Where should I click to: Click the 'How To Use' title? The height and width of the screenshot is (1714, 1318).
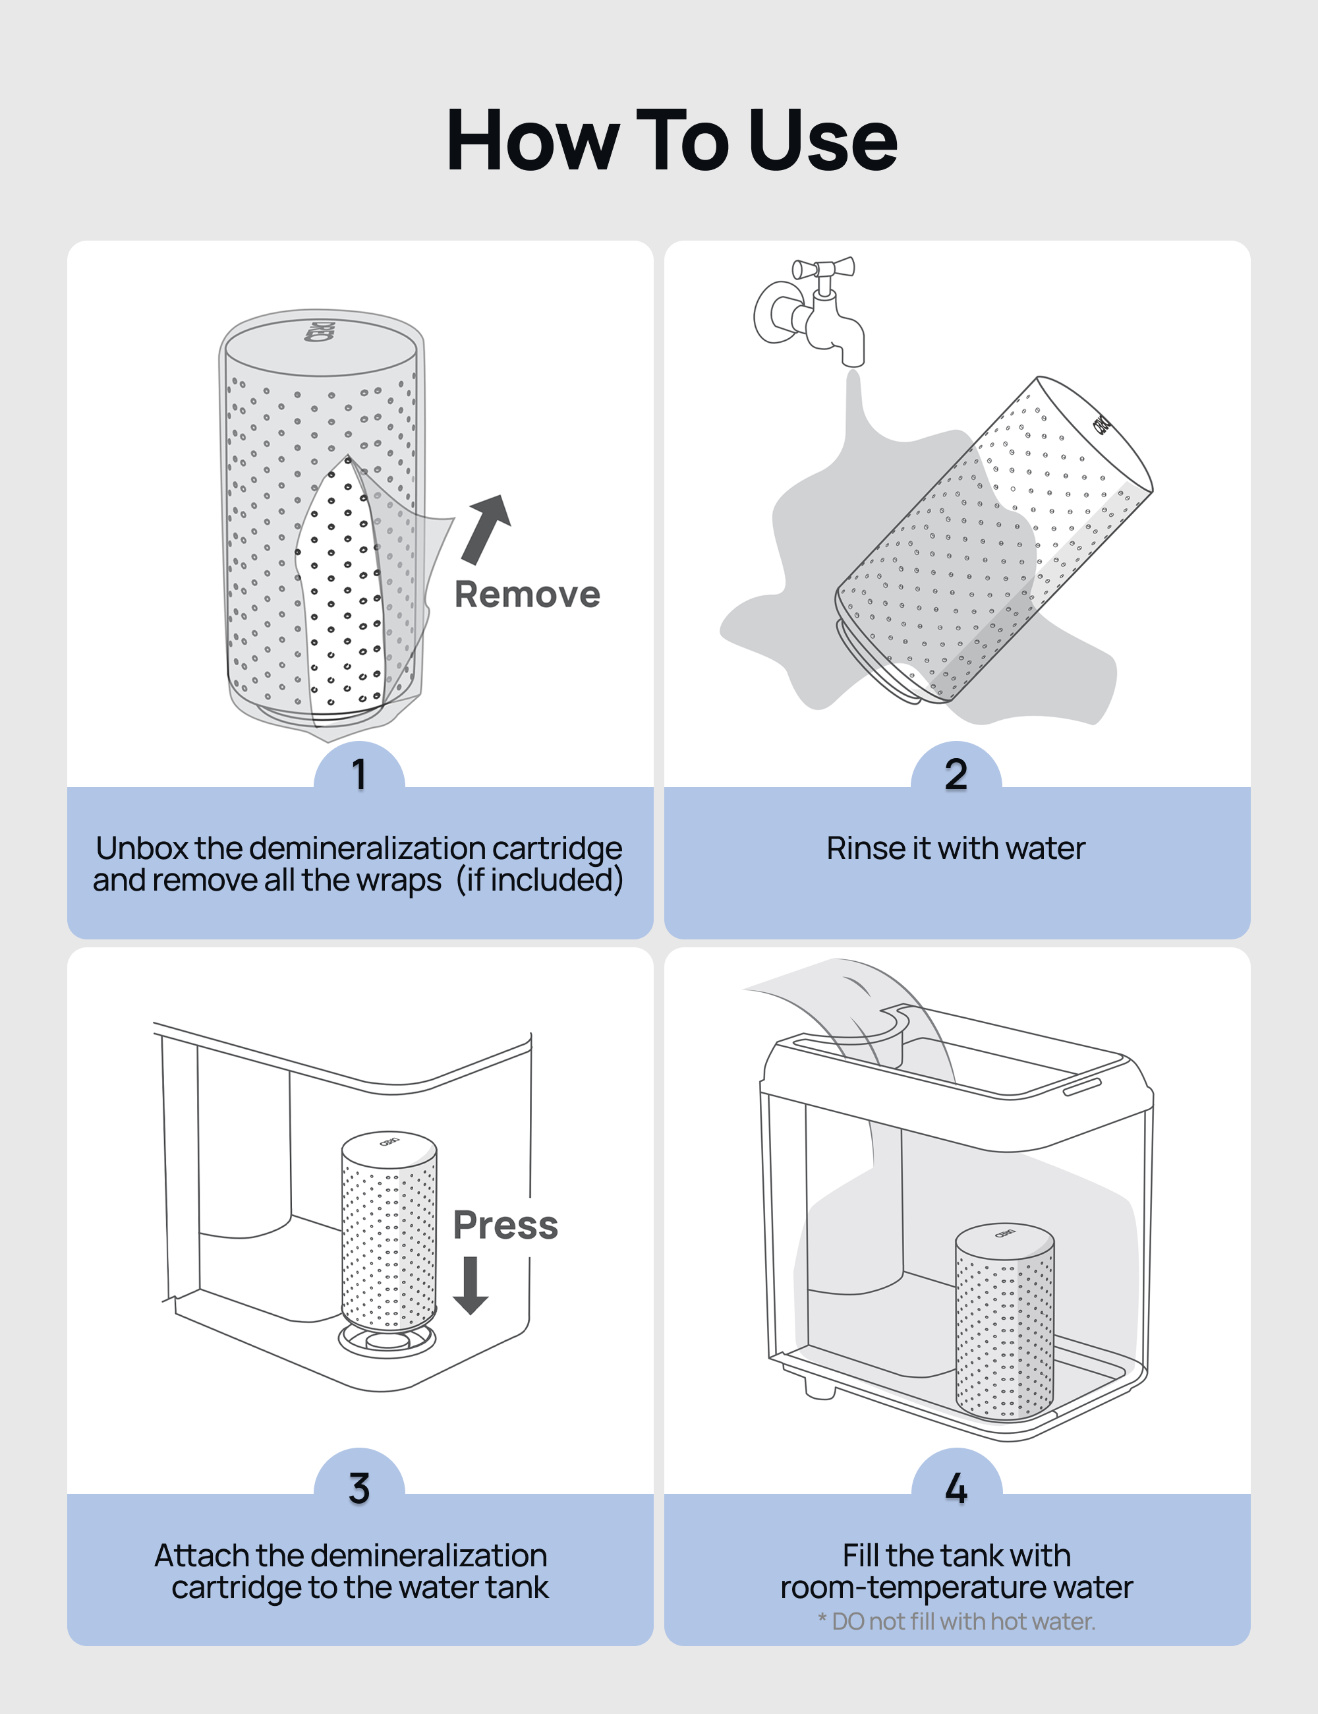672,141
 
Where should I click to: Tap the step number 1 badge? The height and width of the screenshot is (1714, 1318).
359,775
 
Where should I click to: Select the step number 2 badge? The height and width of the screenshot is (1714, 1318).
956,775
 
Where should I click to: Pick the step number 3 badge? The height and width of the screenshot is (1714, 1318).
359,1488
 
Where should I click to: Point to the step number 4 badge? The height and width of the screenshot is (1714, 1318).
956,1488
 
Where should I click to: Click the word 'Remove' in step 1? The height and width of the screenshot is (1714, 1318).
527,594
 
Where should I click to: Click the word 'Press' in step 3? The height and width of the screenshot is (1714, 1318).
505,1225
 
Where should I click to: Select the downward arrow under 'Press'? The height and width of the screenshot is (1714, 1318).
471,1285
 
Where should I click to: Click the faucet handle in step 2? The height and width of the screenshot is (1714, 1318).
823,268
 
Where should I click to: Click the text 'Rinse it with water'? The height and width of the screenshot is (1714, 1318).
956,848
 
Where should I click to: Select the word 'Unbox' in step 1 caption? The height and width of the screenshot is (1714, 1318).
142,848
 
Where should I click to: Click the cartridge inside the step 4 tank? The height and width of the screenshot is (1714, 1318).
1004,1326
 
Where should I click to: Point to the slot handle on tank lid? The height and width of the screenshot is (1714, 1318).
1082,1086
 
